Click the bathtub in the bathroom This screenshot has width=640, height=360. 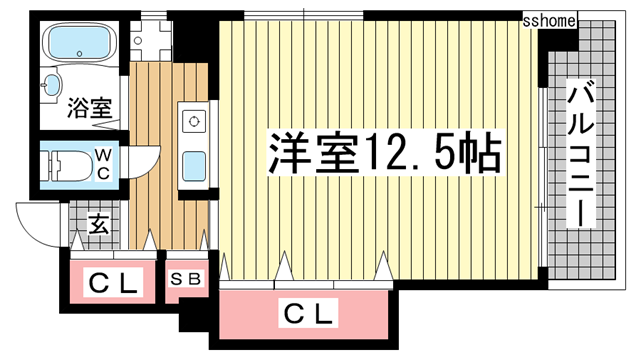[81, 43]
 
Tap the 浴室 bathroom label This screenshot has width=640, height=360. [89, 109]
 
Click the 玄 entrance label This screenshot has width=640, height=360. [99, 224]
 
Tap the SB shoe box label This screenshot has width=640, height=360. [187, 279]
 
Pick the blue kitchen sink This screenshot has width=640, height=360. [193, 162]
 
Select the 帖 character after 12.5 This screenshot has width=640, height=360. [478, 153]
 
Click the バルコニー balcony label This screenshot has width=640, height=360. [581, 155]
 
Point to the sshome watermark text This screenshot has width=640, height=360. [550, 19]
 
